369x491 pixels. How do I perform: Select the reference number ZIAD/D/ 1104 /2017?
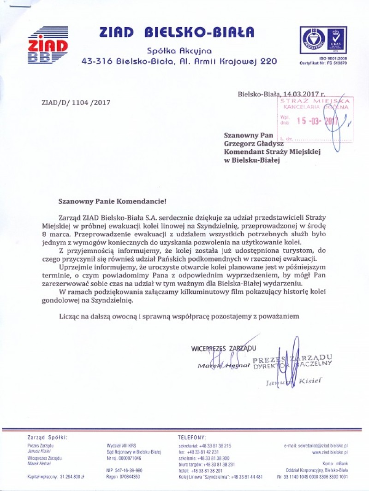(76, 102)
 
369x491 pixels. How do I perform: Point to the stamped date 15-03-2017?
(317, 121)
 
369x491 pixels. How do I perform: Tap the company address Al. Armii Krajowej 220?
(230, 61)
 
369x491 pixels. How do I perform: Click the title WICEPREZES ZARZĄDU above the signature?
(223, 349)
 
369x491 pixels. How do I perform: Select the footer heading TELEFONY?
(192, 437)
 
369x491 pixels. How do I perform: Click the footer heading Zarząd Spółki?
(47, 437)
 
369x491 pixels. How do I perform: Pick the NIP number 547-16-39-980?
(124, 470)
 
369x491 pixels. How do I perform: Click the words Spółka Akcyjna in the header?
(179, 51)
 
